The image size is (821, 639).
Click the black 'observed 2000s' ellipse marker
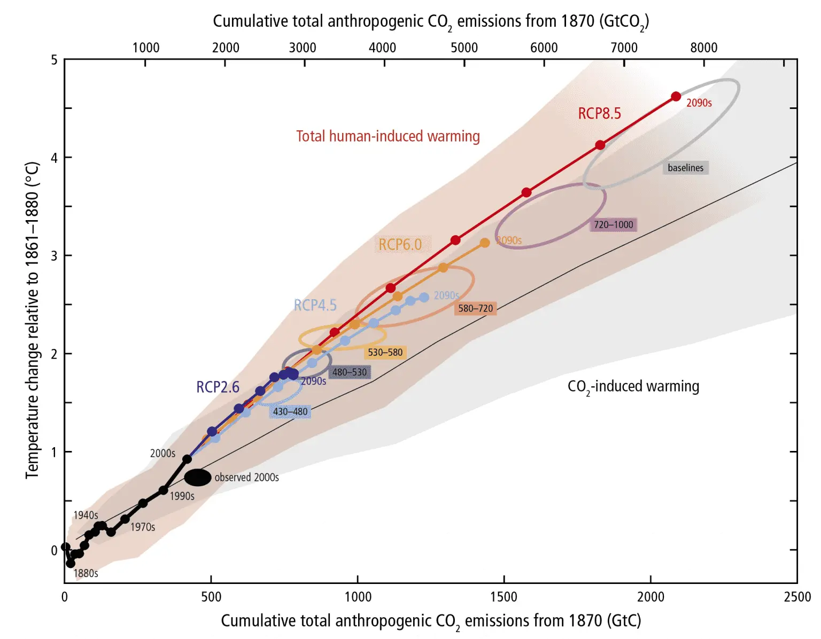tap(198, 477)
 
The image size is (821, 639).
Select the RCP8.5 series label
tap(599, 113)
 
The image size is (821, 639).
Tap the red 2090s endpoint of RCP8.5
tap(676, 97)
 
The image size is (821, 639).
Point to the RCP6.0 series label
tap(400, 245)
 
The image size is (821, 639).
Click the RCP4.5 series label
tap(315, 305)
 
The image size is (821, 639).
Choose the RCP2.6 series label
tap(218, 387)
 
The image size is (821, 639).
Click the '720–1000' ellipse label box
tap(613, 224)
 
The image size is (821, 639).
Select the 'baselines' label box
tap(685, 168)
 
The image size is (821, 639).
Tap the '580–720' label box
tap(475, 308)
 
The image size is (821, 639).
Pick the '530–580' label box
tap(385, 352)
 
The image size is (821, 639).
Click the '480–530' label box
tap(350, 372)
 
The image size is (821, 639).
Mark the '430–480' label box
tap(290, 411)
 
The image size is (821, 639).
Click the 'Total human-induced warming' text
tap(388, 136)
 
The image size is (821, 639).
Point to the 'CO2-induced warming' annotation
tap(633, 386)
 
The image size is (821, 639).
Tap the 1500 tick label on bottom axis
tap(504, 596)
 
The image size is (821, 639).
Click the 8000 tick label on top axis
tap(703, 48)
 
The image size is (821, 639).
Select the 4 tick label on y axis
tap(54, 158)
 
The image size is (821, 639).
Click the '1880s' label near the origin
tap(86, 573)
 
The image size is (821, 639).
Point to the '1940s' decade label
tap(86, 515)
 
